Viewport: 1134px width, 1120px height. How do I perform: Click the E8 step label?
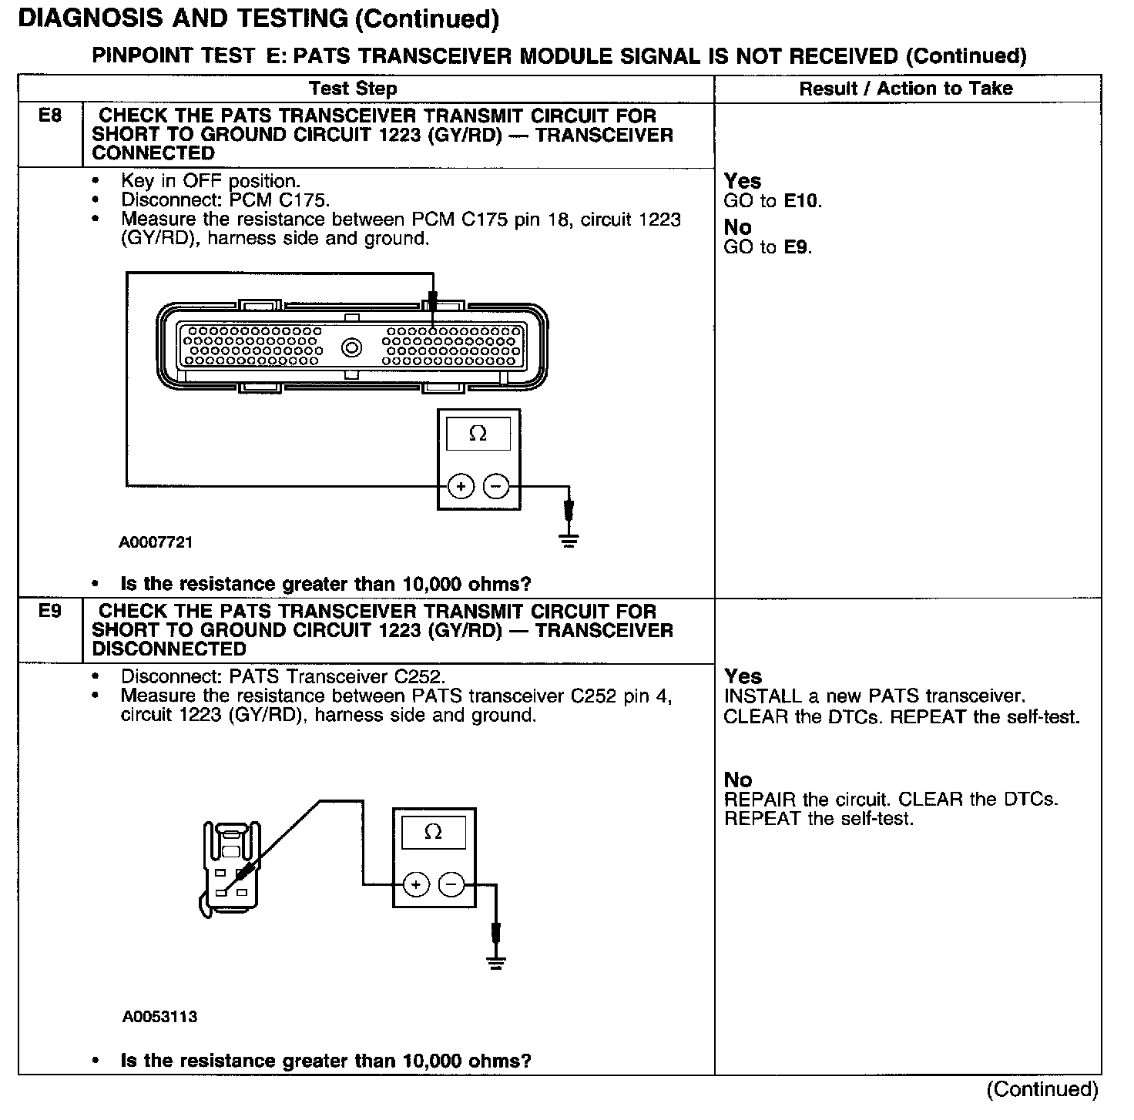[49, 116]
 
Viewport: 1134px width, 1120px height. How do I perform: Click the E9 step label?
[49, 612]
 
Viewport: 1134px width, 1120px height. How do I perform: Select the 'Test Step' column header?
[353, 89]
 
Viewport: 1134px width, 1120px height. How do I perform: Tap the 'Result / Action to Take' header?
[906, 89]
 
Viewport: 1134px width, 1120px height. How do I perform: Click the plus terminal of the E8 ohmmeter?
[461, 487]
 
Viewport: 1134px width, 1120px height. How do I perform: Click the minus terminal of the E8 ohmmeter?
[496, 487]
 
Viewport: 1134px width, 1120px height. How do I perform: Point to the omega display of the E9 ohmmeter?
[434, 833]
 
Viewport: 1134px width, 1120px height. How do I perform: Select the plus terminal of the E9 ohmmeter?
[416, 885]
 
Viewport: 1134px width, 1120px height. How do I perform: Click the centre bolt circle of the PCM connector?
[352, 348]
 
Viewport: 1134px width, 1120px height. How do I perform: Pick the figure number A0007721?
[156, 542]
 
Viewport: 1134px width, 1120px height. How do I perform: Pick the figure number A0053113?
[159, 1017]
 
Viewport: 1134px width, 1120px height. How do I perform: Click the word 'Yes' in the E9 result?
[743, 676]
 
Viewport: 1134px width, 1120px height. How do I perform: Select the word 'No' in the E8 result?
[737, 227]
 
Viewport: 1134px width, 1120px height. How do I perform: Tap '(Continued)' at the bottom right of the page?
[1042, 1089]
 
